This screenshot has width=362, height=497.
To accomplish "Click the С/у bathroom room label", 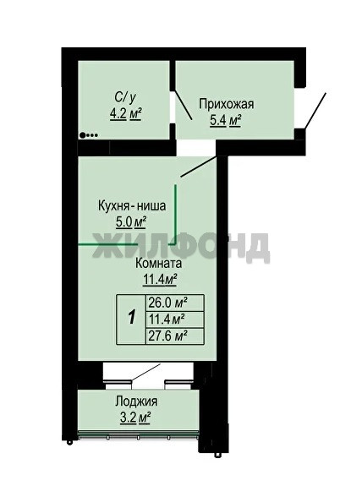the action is (125, 98).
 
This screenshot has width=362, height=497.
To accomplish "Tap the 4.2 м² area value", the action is (125, 114).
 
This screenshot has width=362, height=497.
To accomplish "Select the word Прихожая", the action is (226, 104).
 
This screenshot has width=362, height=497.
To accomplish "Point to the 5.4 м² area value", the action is (225, 120).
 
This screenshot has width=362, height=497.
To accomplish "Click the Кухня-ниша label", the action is (132, 205).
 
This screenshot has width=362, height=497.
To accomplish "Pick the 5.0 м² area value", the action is (131, 222).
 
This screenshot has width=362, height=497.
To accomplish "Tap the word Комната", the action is (159, 264).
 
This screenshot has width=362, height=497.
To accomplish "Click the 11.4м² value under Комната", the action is (160, 280).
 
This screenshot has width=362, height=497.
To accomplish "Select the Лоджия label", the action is (136, 401).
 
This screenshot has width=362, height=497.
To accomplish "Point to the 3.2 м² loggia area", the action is (135, 418).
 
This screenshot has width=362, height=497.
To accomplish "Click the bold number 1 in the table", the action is (132, 317).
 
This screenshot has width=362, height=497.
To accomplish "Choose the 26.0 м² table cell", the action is (167, 303).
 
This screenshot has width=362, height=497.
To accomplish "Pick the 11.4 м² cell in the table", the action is (167, 319).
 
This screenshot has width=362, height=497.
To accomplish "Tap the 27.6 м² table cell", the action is (167, 336).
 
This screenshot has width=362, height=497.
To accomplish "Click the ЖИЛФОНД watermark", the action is (181, 246).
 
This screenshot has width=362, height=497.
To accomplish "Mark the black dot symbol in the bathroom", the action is (83, 135).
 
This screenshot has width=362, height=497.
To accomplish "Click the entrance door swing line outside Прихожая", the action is (315, 111).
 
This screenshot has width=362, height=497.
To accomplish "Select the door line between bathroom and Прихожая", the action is (183, 105).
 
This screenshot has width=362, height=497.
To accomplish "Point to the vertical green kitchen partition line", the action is (175, 215).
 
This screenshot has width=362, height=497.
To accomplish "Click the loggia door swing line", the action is (146, 373).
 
